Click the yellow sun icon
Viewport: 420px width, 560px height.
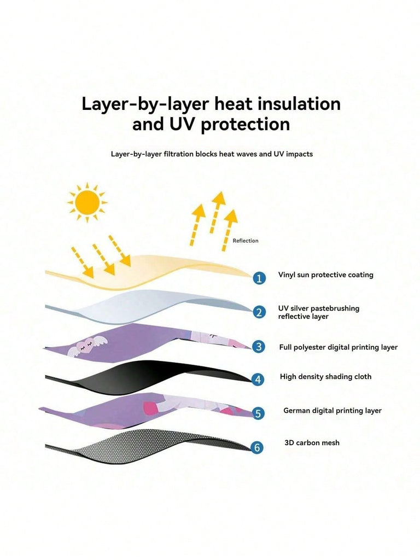pos(87,202)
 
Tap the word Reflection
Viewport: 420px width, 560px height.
pos(246,241)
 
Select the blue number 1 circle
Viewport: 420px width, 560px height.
pos(259,278)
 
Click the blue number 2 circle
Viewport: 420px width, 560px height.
pos(259,312)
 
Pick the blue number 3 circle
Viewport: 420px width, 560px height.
pos(259,346)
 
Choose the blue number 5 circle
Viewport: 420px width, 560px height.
pos(258,413)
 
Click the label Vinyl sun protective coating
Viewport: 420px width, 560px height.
pos(325,275)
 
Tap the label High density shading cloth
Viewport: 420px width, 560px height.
pos(325,377)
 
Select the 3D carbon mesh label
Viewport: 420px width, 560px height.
pos(311,442)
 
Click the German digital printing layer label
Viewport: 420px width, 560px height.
pos(332,411)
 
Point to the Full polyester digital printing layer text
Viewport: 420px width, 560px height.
pos(338,347)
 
